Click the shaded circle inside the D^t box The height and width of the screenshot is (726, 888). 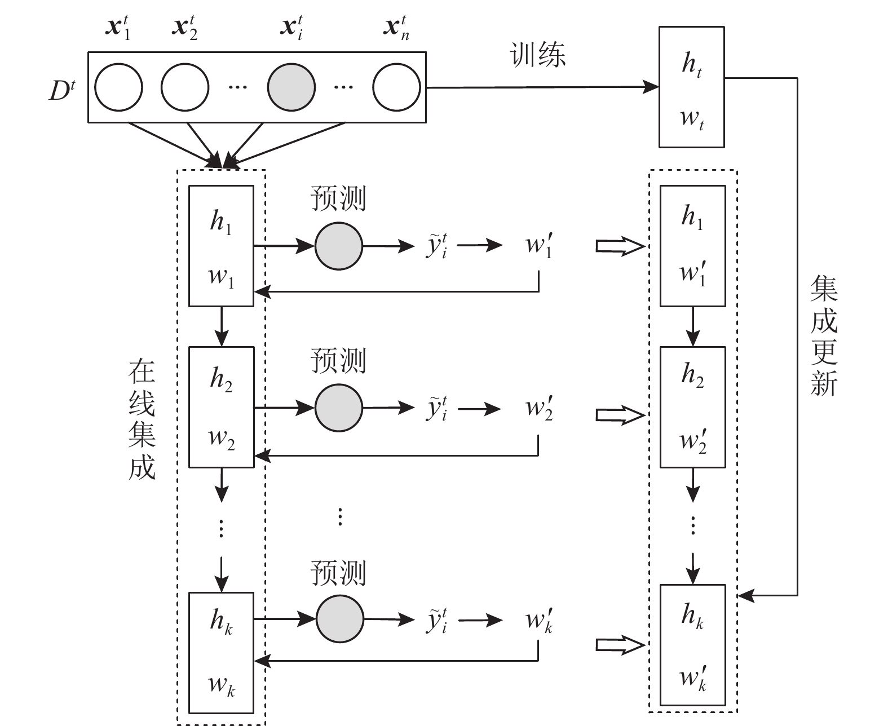pyautogui.click(x=291, y=88)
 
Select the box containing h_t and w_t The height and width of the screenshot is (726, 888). pyautogui.click(x=692, y=87)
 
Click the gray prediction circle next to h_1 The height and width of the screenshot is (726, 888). pyautogui.click(x=338, y=246)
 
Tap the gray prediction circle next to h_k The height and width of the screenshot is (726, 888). pyautogui.click(x=339, y=619)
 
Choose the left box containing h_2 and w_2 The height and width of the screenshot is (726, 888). pyautogui.click(x=221, y=407)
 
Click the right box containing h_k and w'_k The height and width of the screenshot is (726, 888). pyautogui.click(x=692, y=645)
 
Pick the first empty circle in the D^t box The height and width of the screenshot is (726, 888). pyautogui.click(x=118, y=88)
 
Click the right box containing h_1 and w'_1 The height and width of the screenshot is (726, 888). pyautogui.click(x=692, y=246)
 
